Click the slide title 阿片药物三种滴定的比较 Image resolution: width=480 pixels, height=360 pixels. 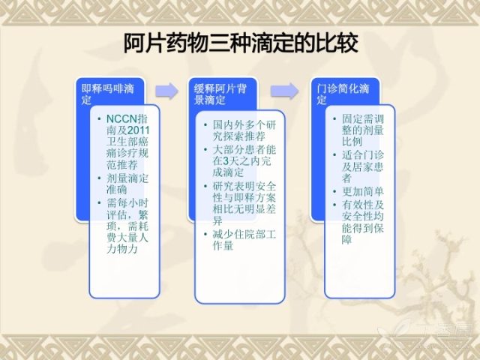point(241,43)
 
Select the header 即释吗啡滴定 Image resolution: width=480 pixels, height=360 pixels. point(107,94)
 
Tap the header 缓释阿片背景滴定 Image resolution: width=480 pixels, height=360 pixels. point(220,94)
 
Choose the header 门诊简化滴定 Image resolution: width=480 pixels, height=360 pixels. point(343,94)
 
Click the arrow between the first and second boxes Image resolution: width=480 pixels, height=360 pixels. point(166,91)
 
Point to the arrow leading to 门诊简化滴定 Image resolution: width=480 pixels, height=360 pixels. point(284,91)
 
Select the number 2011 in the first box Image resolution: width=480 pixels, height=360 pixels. point(138,130)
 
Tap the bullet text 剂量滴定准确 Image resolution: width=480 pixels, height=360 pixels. point(127,184)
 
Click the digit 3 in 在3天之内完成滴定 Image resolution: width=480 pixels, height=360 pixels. point(226,161)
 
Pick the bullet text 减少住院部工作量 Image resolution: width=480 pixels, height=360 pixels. point(244,240)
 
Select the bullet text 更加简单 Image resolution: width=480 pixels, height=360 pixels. point(363,191)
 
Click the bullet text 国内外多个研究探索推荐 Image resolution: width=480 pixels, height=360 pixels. point(244,130)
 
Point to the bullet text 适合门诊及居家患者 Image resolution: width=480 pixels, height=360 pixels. point(363,166)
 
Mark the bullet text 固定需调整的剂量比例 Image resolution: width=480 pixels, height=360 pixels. point(363,130)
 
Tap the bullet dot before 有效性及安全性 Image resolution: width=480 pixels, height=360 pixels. point(335,205)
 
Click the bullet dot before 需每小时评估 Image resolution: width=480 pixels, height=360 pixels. point(99,202)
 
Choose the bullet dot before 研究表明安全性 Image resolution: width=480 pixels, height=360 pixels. point(205,186)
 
